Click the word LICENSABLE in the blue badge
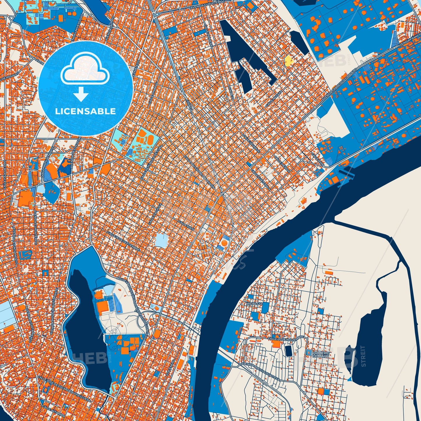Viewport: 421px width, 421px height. (x=86, y=111)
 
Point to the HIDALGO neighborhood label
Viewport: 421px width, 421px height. (x=254, y=304)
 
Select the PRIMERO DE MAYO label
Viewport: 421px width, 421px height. (x=320, y=354)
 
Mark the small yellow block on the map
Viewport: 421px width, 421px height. (x=289, y=61)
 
